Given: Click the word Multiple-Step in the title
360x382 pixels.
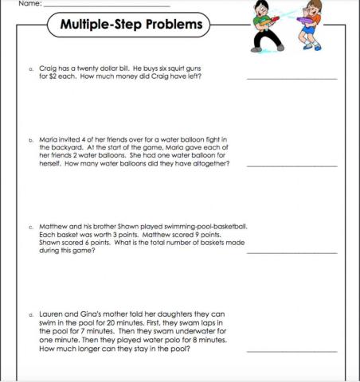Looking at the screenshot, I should click(99, 25).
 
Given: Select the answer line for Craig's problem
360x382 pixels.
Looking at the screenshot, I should click(292, 79).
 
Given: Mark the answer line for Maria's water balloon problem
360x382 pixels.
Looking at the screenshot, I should click(292, 166).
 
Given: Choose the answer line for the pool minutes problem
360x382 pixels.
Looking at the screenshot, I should click(292, 350).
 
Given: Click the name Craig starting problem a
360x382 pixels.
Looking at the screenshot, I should click(48, 69).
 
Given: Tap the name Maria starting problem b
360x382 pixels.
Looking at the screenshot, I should click(49, 138).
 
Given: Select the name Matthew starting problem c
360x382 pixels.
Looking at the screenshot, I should click(55, 226).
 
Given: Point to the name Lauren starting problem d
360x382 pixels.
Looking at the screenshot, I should click(52, 314).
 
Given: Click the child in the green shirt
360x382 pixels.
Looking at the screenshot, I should click(263, 24).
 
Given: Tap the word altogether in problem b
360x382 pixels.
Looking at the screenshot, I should click(209, 163).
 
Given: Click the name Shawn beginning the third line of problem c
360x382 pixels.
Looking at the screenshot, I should click(49, 243).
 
